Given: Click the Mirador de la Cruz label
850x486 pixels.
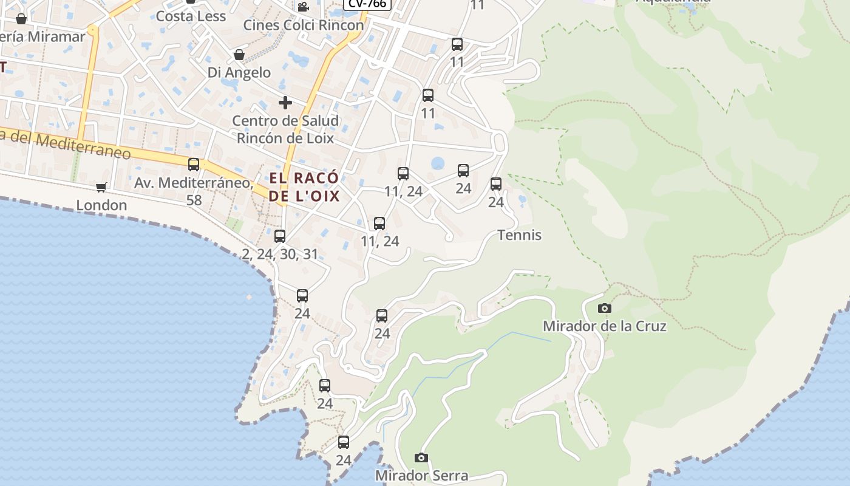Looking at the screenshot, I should point(604,326).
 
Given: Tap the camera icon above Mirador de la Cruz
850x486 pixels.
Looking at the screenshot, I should point(604,309).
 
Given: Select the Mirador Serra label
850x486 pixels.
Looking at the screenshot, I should point(421,475).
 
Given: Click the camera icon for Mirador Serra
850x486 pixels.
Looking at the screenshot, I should point(421,457).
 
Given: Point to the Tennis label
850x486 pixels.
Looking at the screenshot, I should point(519,235).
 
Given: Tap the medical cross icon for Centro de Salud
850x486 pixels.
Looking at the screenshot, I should point(285,103).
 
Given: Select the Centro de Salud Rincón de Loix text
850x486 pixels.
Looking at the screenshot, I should point(285,129).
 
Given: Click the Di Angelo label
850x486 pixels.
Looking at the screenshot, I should point(239,72).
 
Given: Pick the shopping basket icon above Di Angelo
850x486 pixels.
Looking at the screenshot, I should point(239,55).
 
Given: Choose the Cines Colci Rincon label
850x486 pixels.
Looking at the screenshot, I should point(304,25).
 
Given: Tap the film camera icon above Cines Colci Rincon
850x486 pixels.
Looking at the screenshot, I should point(303,7).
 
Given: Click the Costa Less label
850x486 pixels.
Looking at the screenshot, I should point(191,16).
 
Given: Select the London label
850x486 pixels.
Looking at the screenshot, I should point(101,205).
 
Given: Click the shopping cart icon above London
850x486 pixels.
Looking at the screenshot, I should point(101,188).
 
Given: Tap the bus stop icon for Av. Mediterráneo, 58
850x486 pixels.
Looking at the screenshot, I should point(194,165).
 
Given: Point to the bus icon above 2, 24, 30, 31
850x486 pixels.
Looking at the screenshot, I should point(280,236).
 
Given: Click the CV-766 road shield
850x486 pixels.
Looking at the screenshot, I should point(367,4).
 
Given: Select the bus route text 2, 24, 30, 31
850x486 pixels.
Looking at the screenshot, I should point(280,254).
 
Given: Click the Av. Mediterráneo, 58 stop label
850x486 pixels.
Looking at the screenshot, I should point(194,191).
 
